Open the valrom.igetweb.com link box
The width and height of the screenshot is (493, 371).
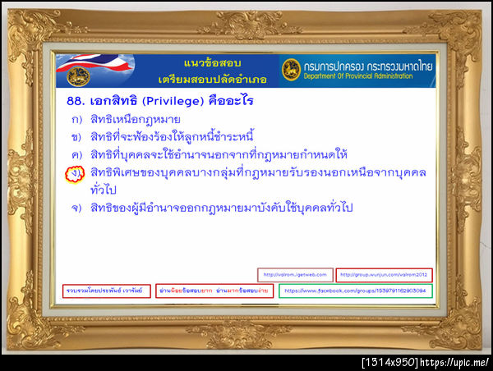[295, 274]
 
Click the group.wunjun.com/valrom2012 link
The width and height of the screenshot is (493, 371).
[385, 274]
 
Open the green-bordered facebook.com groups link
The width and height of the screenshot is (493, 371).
[355, 291]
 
